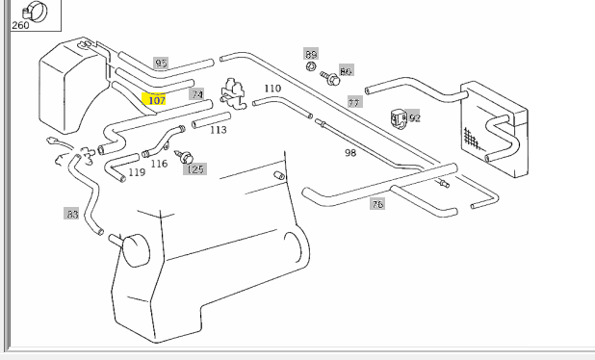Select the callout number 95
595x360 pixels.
[161, 63]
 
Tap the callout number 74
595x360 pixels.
[197, 94]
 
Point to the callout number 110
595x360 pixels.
[272, 89]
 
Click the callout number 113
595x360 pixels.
[219, 130]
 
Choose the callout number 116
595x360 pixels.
[159, 164]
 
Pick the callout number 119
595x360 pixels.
[137, 172]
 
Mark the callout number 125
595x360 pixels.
[195, 169]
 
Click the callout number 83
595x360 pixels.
[71, 214]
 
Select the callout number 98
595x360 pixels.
[350, 152]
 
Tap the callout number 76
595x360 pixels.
[377, 204]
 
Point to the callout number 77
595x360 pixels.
[354, 102]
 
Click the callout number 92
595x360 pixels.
[414, 118]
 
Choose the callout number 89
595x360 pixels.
[311, 54]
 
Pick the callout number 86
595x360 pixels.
[346, 71]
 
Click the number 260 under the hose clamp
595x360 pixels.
[20, 25]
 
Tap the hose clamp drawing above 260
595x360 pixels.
[35, 11]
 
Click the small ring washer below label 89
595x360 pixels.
[311, 66]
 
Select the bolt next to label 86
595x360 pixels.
[330, 78]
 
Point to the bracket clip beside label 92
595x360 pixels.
[399, 118]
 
